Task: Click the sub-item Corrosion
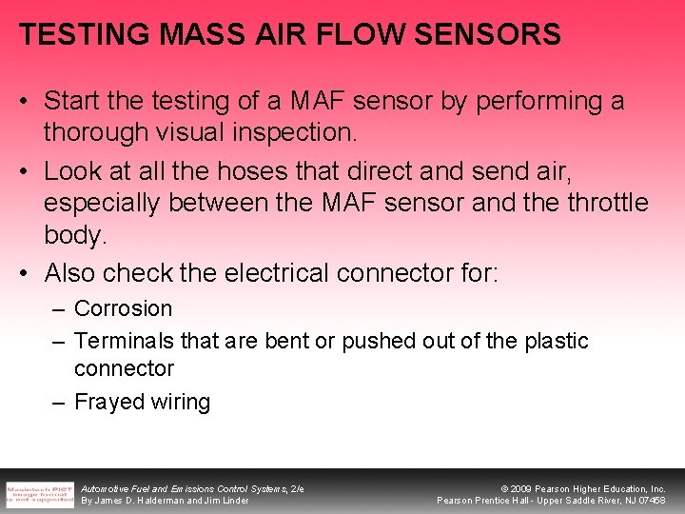[123, 308]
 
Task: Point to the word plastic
[557, 341]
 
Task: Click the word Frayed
[108, 402]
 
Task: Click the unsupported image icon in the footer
[39, 491]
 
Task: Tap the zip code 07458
[650, 501]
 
